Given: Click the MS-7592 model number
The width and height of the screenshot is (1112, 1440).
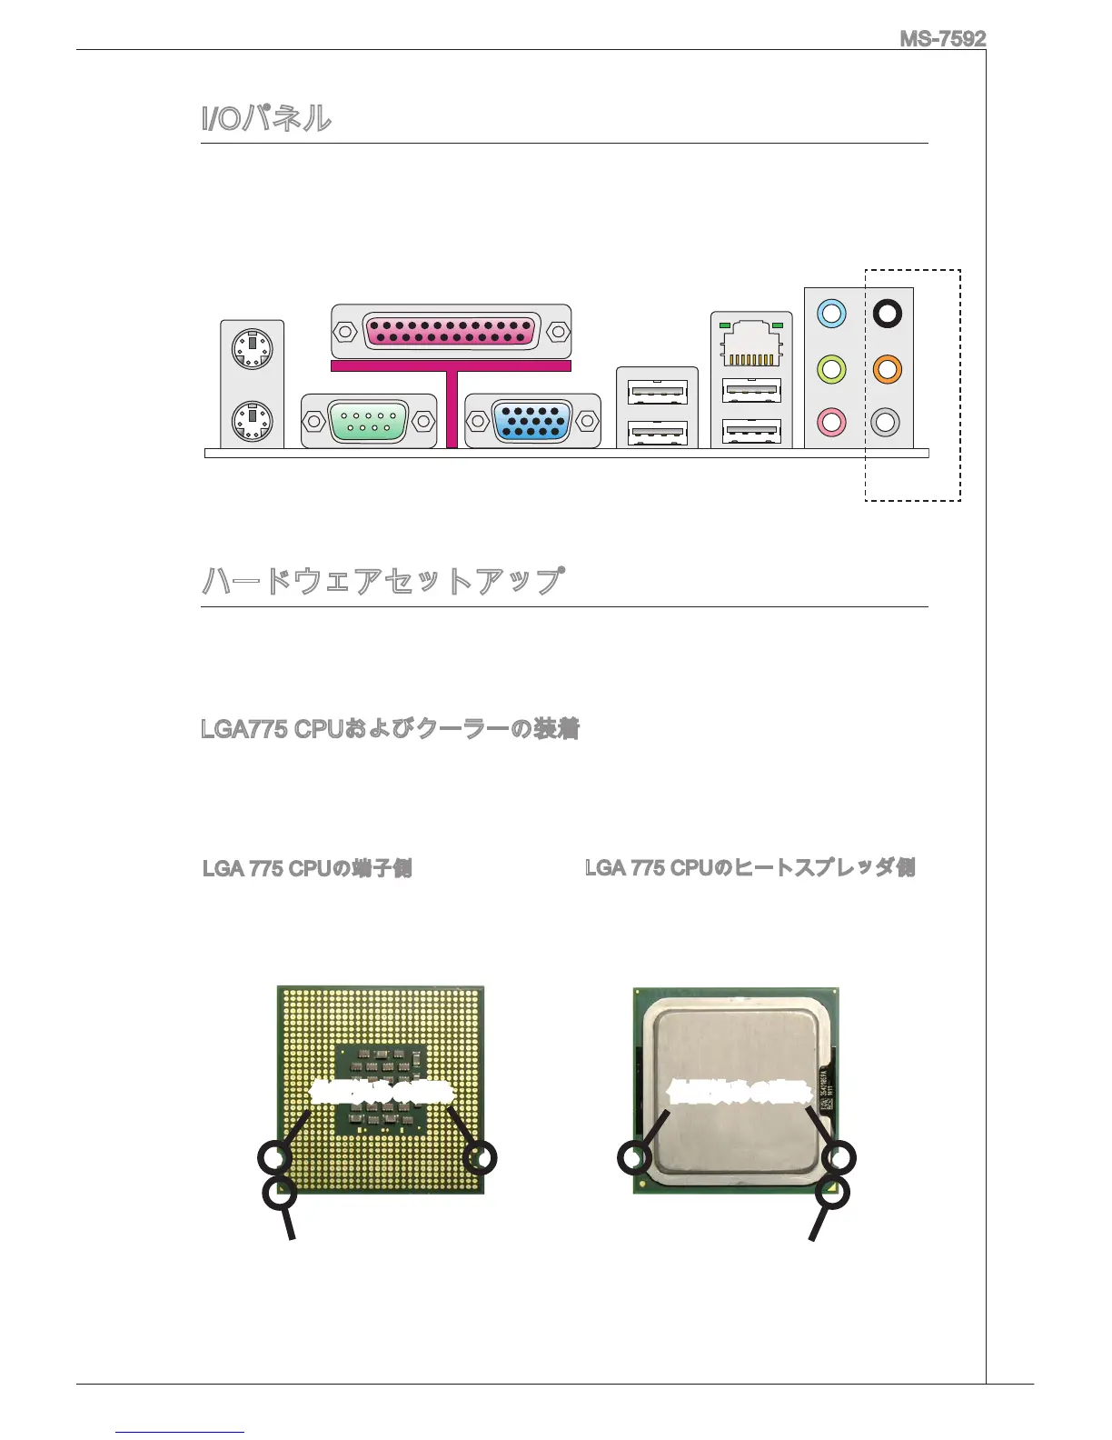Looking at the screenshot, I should (x=942, y=38).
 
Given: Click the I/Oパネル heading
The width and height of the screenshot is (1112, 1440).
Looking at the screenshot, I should (x=266, y=118).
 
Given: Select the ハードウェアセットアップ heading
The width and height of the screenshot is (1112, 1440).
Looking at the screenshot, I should (x=382, y=580).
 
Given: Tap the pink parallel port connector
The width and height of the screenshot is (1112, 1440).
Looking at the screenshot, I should (x=451, y=331).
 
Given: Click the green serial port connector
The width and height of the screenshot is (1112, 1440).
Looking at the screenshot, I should (x=369, y=422).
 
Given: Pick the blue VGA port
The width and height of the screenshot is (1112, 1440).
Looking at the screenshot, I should (x=531, y=422).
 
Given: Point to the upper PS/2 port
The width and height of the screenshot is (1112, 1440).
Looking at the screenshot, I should (x=252, y=347).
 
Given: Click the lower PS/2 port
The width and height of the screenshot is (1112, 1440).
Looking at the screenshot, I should (x=252, y=421).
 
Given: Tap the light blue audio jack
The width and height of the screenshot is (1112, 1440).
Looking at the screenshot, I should (x=831, y=314).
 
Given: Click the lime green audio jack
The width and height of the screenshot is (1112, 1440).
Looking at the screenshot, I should (x=831, y=369).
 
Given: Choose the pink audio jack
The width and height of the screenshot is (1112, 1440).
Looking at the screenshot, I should (x=831, y=422).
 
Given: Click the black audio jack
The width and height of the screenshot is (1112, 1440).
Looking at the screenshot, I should (x=887, y=314).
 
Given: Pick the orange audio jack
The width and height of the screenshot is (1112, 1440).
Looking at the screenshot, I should (x=887, y=369).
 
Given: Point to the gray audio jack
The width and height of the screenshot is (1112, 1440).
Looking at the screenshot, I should (x=886, y=422).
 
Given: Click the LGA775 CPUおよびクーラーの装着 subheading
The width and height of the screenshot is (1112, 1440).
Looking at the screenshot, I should (x=390, y=729).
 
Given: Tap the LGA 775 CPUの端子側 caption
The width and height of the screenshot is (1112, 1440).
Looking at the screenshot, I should (x=307, y=868).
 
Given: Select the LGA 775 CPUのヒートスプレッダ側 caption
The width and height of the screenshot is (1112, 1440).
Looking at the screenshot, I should (x=750, y=868).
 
